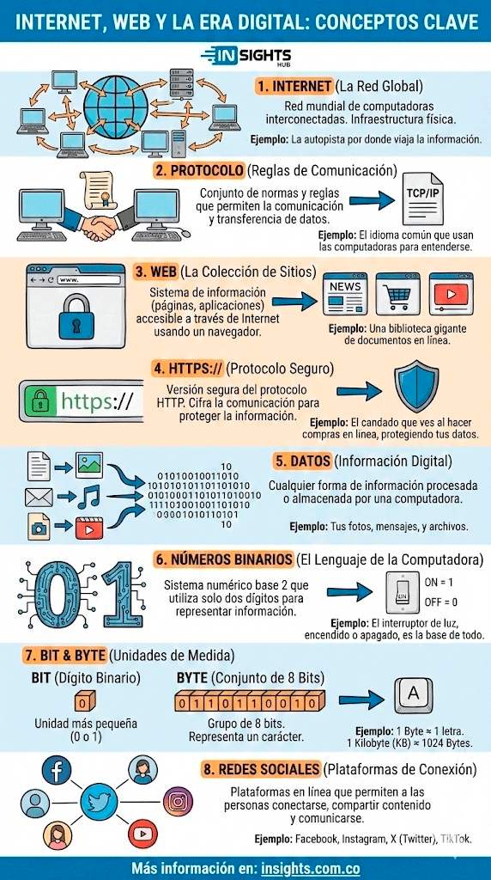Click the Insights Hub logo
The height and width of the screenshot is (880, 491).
245,57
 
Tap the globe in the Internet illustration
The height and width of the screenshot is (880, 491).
117,103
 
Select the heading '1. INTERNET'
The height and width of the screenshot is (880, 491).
294,87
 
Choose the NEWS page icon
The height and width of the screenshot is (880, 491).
345,294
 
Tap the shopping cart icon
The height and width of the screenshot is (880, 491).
398,294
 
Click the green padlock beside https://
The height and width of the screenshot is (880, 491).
39,400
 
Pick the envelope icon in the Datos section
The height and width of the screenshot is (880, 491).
39,498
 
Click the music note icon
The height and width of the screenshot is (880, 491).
89,497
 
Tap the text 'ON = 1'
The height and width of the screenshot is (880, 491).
440,583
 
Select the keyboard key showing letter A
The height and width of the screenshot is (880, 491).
413,694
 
